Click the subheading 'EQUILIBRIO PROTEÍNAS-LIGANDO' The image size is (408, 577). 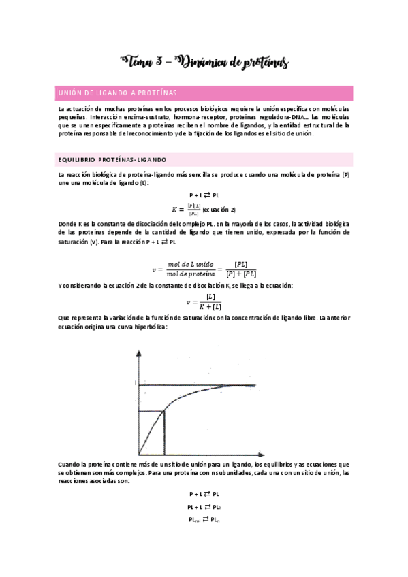[x=112, y=159]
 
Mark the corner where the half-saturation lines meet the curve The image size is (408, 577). [x=165, y=411]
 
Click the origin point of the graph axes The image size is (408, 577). [x=139, y=455]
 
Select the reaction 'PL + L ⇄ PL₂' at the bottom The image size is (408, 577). [x=204, y=507]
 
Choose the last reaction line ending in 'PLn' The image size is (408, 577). [x=204, y=519]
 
